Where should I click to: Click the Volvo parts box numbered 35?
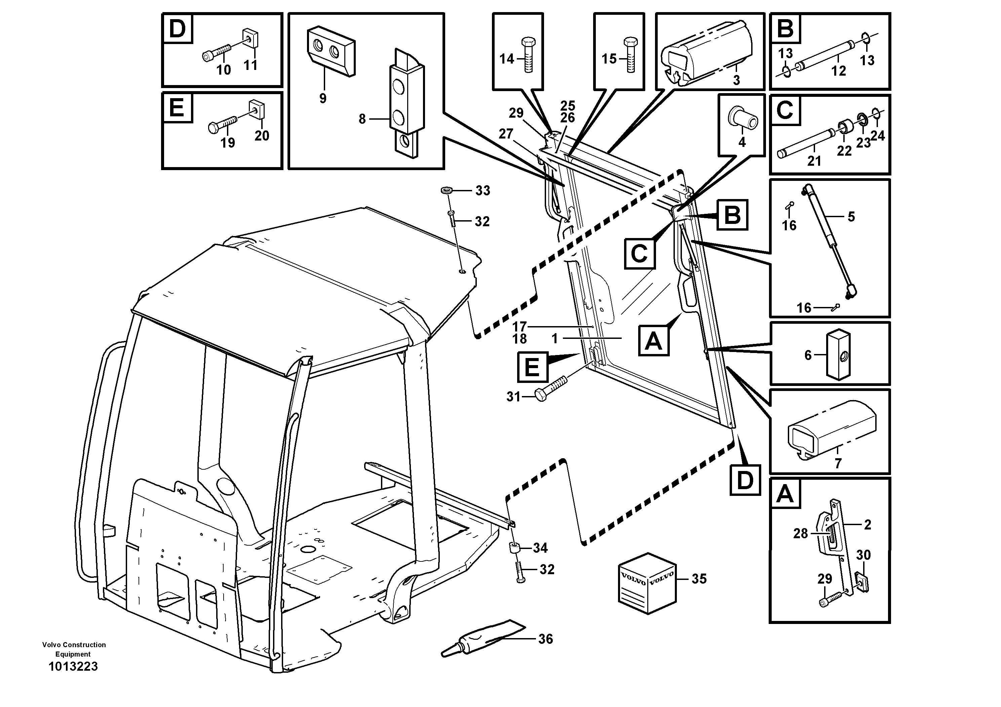click(647, 583)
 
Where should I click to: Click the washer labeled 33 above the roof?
click(447, 191)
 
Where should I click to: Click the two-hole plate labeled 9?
click(331, 52)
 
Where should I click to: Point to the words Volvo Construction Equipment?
click(74, 650)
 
